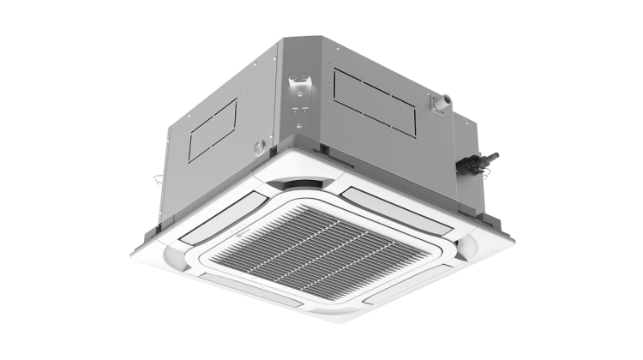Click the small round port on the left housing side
pyautogui.click(x=256, y=147)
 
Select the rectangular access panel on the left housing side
pyautogui.click(x=212, y=129)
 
